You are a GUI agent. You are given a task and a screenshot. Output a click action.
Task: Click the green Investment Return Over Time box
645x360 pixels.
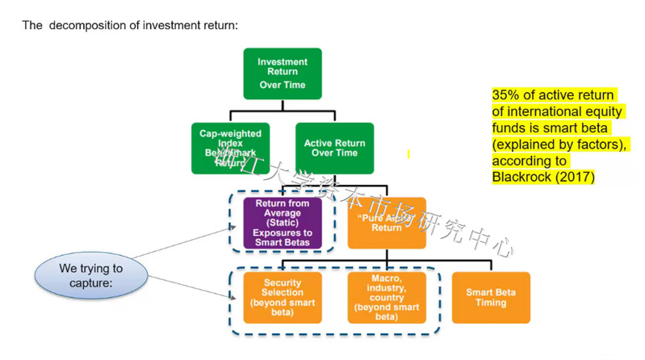click(283, 73)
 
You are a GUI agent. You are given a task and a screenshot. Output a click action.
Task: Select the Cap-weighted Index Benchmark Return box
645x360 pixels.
click(230, 148)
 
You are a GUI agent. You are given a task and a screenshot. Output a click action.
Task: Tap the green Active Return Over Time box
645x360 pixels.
click(335, 148)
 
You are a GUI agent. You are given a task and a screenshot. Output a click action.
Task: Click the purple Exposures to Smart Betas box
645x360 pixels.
click(283, 222)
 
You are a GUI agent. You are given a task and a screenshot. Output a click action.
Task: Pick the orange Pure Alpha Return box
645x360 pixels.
click(387, 222)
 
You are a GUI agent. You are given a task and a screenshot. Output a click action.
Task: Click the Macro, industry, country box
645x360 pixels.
click(387, 296)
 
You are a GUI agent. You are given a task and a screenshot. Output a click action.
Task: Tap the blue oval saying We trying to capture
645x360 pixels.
click(91, 274)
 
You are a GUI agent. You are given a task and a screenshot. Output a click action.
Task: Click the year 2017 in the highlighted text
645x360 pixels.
click(572, 177)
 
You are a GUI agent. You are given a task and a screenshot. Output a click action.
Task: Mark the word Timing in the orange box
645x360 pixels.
click(491, 303)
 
